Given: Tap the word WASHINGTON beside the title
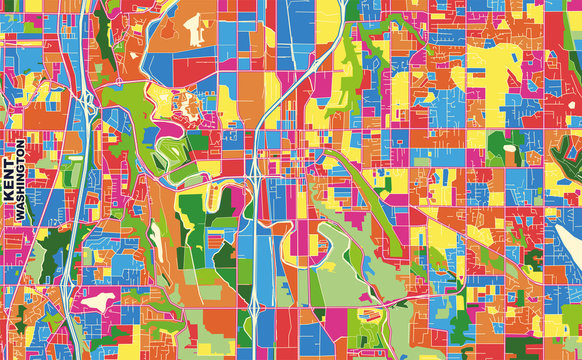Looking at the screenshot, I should point(21,181).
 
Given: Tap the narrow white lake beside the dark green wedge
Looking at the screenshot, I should point(158,240).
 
